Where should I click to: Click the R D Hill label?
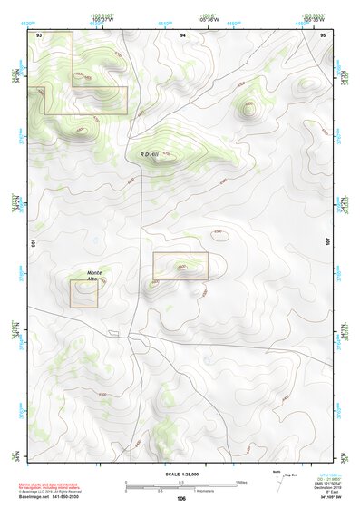click(150, 154)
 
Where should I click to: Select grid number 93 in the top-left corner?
click(40, 34)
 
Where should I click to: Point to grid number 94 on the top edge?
click(182, 34)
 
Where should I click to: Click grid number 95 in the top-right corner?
click(323, 34)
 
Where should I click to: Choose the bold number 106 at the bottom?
click(181, 499)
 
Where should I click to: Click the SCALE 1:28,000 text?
click(180, 475)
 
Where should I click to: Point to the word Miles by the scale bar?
click(241, 482)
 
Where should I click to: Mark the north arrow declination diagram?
click(277, 481)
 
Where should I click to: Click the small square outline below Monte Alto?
click(83, 294)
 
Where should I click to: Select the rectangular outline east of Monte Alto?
click(180, 266)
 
